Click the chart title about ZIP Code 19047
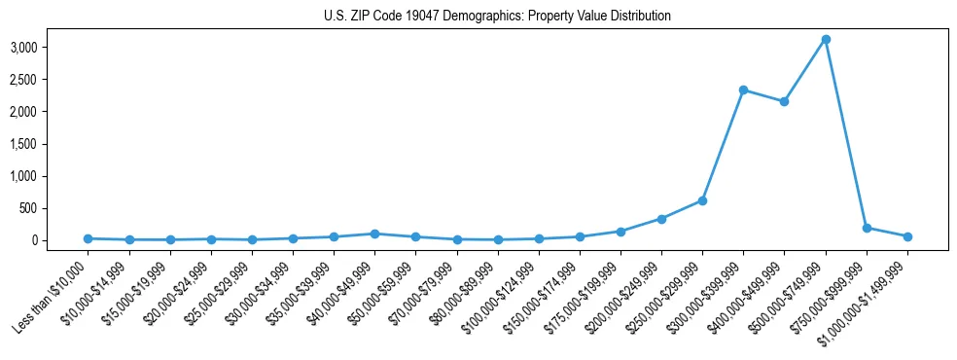[x=497, y=17]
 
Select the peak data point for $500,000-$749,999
[x=825, y=39]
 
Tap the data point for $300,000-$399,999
[x=743, y=90]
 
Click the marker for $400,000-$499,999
[x=784, y=101]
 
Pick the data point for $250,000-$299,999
[x=702, y=200]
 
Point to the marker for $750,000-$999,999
[x=867, y=228]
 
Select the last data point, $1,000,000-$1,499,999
[x=907, y=236]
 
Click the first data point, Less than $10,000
[x=88, y=238]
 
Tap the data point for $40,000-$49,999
[x=374, y=234]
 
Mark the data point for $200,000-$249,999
[x=661, y=219]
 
